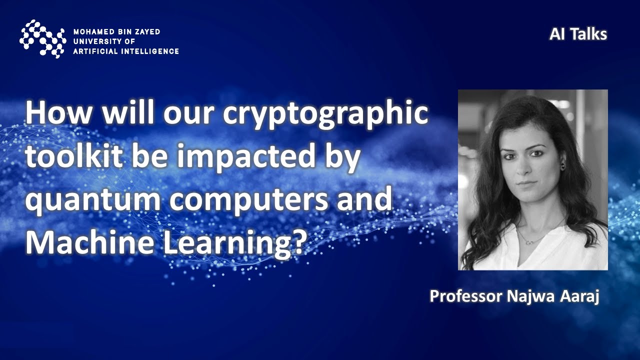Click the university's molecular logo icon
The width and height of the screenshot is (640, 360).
point(42,38)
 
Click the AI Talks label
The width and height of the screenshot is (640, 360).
point(578,34)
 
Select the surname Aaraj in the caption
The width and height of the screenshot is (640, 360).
point(580,295)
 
